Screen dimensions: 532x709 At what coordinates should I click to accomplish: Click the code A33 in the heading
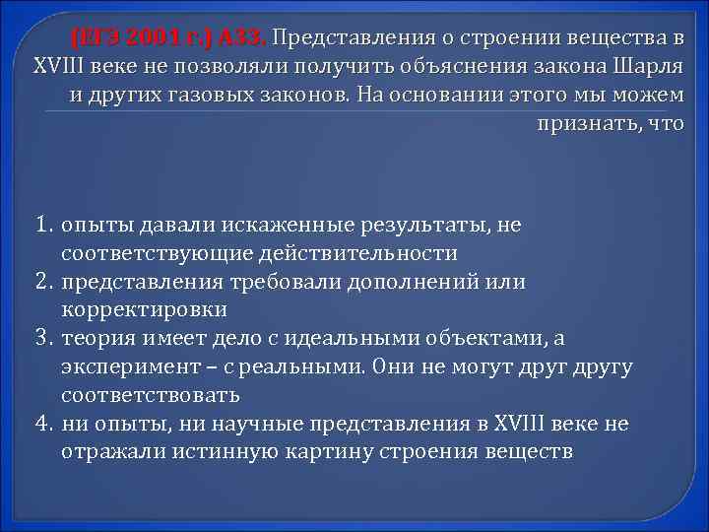(x=245, y=39)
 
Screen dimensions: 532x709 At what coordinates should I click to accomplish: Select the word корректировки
(x=144, y=310)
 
